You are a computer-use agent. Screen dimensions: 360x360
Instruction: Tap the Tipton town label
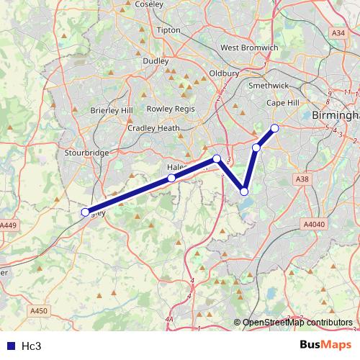point(168,30)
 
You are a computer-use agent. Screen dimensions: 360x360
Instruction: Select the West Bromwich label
point(249,48)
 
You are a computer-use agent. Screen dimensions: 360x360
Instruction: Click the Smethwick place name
point(268,85)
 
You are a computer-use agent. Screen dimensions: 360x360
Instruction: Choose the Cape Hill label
point(283,103)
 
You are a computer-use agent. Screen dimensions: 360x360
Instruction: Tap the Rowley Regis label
point(171,108)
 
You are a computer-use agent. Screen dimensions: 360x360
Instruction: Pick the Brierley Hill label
point(112,110)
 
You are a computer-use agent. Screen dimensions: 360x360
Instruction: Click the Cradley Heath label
point(153,128)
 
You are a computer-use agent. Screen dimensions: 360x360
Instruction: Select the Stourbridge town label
point(86,153)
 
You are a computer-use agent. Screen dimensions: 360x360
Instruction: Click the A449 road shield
point(8,225)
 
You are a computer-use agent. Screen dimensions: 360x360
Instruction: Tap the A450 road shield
point(40,311)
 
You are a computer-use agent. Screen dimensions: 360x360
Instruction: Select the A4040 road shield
point(315,224)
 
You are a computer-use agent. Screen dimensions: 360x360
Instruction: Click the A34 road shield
point(338,33)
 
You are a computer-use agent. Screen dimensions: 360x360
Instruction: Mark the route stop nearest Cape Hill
point(274,128)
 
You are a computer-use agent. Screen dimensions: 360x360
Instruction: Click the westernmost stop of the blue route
point(85,212)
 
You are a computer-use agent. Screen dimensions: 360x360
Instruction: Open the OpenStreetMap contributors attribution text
point(297,322)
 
